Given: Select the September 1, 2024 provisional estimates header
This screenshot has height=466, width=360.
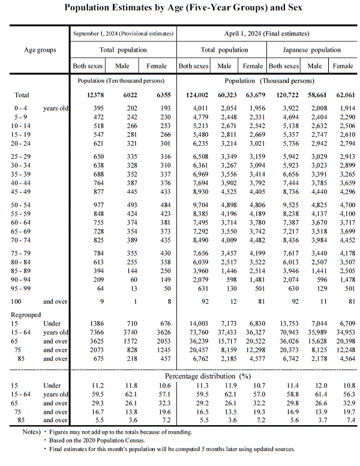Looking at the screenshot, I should [x=123, y=34].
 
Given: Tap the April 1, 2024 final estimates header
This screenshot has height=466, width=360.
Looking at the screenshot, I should [x=268, y=34].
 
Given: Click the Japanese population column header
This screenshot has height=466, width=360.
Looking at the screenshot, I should [x=313, y=50].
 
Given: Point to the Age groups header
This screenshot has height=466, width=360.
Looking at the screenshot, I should [x=40, y=50].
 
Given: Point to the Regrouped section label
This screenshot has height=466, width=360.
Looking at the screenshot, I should [x=27, y=314].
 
